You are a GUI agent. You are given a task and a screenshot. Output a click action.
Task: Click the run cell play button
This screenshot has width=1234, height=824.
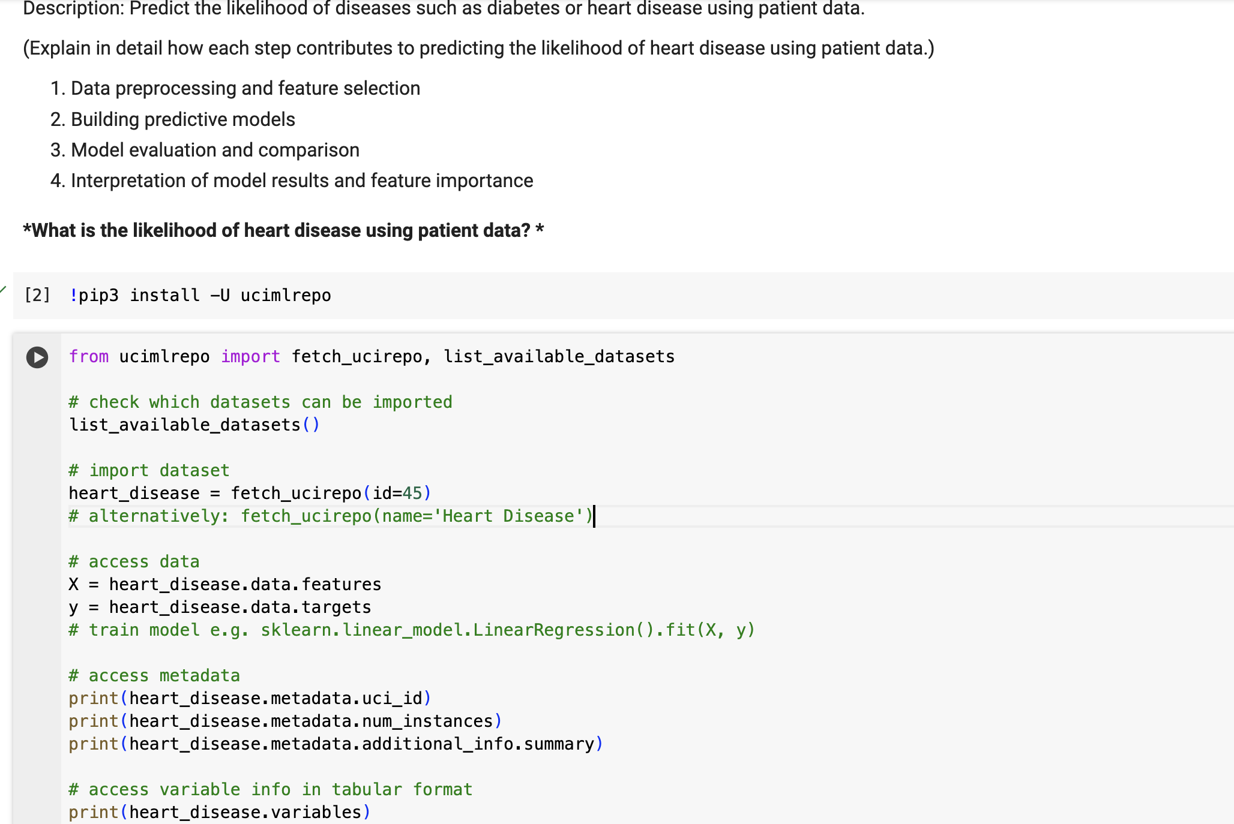[x=37, y=357]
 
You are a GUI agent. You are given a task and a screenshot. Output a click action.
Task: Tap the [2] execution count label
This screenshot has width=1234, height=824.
[x=37, y=295]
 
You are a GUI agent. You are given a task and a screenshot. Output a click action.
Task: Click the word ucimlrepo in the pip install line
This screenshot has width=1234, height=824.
[x=286, y=295]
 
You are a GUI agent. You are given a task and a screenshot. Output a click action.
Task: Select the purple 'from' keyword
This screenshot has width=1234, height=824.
[x=89, y=357]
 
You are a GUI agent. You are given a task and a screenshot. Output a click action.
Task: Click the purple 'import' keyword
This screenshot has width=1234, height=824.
[x=250, y=357]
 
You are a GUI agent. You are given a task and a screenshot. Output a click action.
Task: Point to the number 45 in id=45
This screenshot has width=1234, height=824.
[x=412, y=493]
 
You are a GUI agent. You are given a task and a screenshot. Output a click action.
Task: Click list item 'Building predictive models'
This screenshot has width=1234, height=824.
[x=183, y=119]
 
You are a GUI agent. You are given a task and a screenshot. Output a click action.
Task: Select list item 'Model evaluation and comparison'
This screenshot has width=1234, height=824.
[x=215, y=150]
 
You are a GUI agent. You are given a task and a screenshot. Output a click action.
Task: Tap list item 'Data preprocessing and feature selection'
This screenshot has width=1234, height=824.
[x=245, y=88]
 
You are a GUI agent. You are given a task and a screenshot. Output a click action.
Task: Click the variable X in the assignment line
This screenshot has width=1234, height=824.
[x=74, y=584]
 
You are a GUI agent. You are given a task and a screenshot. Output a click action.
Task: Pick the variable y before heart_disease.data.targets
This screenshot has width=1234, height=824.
[x=74, y=608]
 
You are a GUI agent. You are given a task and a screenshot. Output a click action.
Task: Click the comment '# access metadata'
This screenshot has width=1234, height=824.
[x=154, y=675]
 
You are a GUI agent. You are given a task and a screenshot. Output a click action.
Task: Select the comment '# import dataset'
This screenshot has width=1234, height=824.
[x=149, y=470]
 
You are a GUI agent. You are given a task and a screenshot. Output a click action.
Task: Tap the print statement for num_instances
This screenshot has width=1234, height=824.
[x=285, y=721]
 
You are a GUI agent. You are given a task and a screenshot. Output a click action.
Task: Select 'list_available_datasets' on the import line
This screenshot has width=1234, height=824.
[x=559, y=357]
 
